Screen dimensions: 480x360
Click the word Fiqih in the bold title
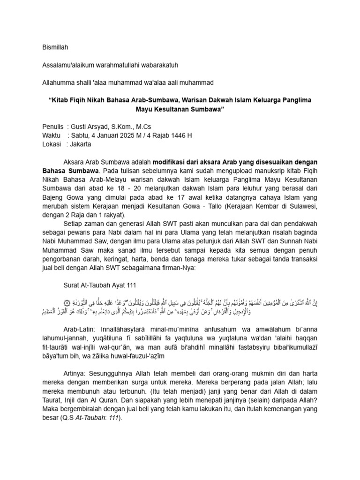click(82, 100)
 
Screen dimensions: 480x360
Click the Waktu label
click(51, 135)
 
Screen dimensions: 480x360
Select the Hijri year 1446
click(176, 135)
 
